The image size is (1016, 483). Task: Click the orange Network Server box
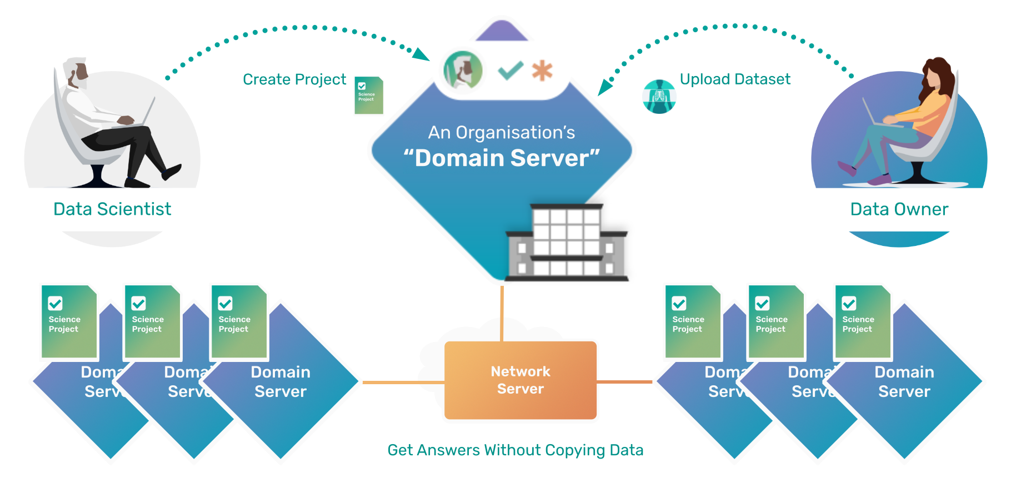(x=520, y=380)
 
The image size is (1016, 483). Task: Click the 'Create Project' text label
(x=294, y=79)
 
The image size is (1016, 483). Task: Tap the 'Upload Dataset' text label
(x=734, y=79)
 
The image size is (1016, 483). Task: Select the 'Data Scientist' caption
(x=112, y=209)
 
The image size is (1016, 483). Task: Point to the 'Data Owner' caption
(x=899, y=209)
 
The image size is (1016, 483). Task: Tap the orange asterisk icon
(x=542, y=71)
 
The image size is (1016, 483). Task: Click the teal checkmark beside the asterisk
(x=510, y=71)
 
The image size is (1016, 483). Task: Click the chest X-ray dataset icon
(x=659, y=97)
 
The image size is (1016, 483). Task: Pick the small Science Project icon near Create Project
(x=368, y=95)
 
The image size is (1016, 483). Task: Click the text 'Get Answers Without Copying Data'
(x=515, y=450)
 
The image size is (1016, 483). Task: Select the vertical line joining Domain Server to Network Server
(x=502, y=314)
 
